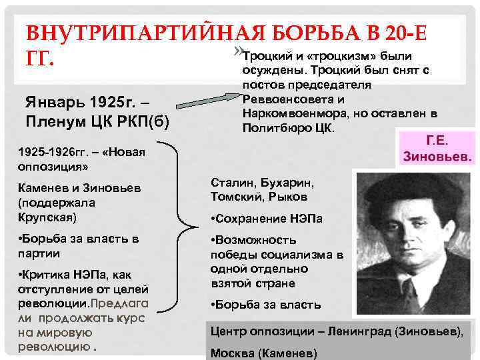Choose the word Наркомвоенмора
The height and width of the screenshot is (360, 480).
tap(287, 113)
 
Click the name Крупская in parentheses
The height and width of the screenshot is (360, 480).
tap(47, 217)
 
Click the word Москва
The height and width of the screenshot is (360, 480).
tap(230, 353)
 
